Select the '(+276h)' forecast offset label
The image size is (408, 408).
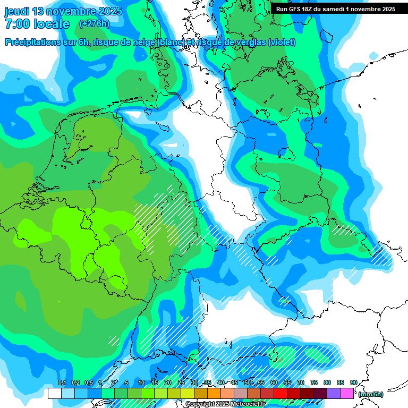point(94,24)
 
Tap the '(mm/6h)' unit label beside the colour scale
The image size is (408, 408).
point(371,394)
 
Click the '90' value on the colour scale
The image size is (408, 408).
point(353,383)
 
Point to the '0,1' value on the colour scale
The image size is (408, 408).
point(62,383)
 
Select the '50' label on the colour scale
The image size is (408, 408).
point(248,383)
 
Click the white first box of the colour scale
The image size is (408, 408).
point(54,394)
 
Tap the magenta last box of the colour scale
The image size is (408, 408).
point(347,394)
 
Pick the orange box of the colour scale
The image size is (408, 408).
point(214,394)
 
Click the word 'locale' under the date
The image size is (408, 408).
point(51,24)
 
